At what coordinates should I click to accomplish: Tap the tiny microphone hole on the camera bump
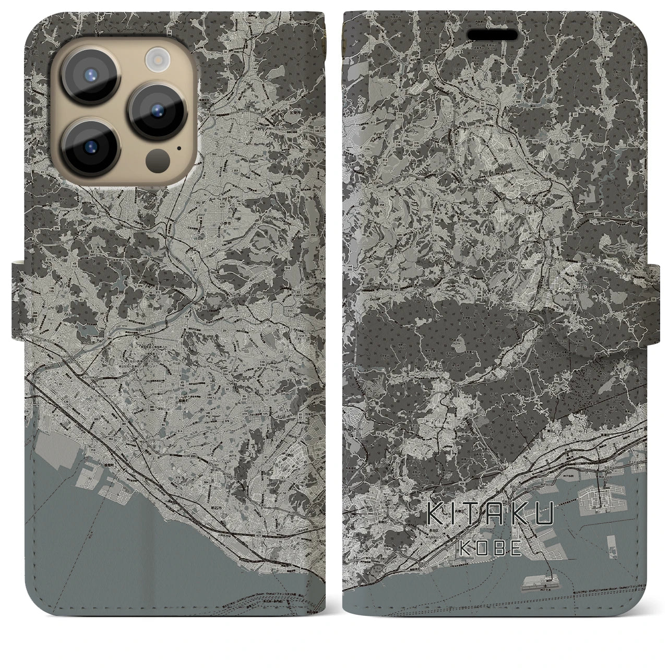(x=179, y=148)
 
